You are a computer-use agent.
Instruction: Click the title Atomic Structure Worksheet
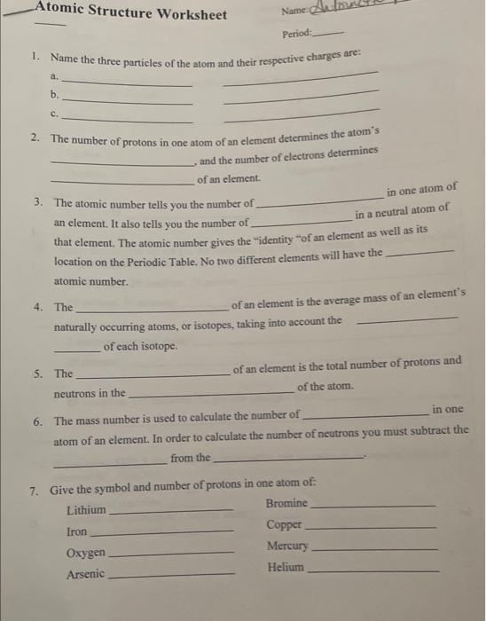130,12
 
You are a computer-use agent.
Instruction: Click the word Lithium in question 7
85,510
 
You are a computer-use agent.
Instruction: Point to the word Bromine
286,503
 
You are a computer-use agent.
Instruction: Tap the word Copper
284,524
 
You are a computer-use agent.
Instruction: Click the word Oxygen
86,553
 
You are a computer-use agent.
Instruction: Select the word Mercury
287,546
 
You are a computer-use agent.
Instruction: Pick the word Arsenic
85,574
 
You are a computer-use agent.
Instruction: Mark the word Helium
285,567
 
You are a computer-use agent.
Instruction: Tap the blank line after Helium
372,570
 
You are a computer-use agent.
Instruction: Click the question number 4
38,307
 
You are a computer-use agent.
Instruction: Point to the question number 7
33,490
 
